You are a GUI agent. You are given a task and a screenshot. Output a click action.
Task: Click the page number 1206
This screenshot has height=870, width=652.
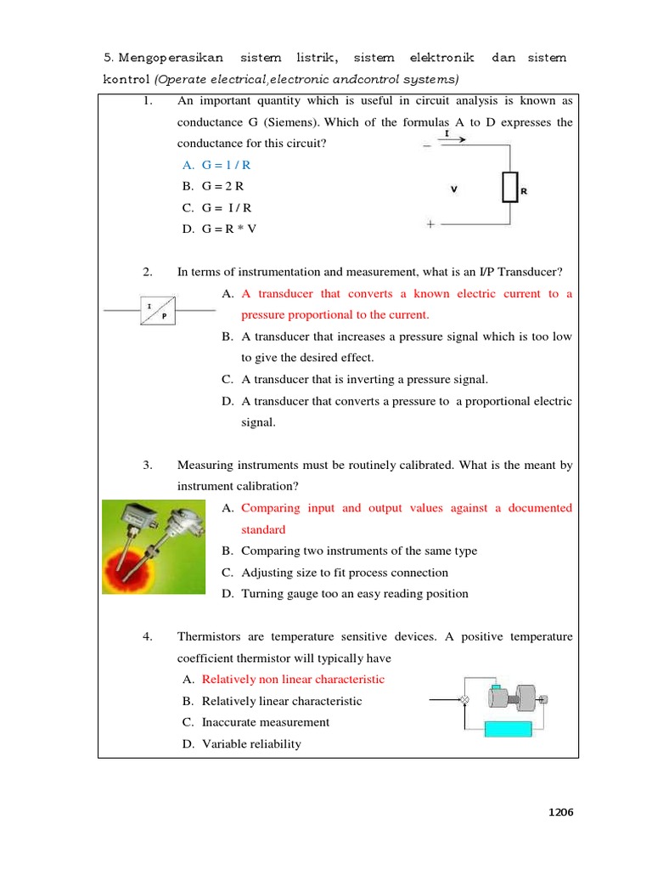point(560,812)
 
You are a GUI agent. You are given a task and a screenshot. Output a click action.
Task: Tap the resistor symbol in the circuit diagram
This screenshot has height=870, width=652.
point(509,188)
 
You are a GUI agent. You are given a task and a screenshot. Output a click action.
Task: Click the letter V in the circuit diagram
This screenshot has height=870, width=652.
point(453,190)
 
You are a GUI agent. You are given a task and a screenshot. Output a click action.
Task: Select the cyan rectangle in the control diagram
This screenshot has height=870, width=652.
point(507,729)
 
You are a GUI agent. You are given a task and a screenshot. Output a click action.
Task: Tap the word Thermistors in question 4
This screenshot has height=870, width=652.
point(209,636)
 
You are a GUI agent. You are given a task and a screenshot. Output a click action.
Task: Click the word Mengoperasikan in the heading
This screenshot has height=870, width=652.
point(171,58)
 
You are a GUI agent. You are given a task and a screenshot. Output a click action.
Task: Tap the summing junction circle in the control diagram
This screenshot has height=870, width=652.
point(464,700)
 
